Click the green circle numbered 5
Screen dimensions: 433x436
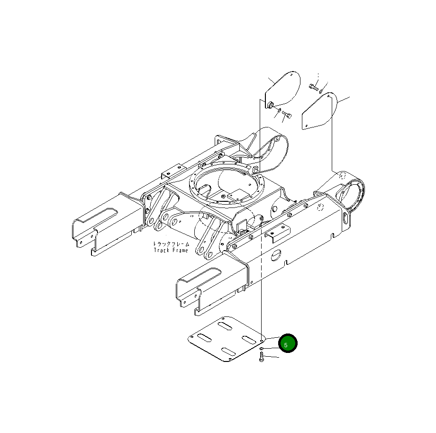tap(287, 343)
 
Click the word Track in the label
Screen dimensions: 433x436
tap(161, 250)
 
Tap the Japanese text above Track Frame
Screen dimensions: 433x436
tap(171, 244)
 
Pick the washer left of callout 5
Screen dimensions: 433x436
tap(261, 349)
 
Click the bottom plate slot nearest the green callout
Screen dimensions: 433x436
tap(248, 339)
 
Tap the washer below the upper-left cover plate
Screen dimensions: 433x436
tap(279, 110)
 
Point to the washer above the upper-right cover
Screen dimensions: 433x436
tap(321, 90)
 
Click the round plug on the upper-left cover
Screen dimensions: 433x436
tap(270, 104)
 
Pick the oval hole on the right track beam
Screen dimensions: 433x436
tap(275, 255)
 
